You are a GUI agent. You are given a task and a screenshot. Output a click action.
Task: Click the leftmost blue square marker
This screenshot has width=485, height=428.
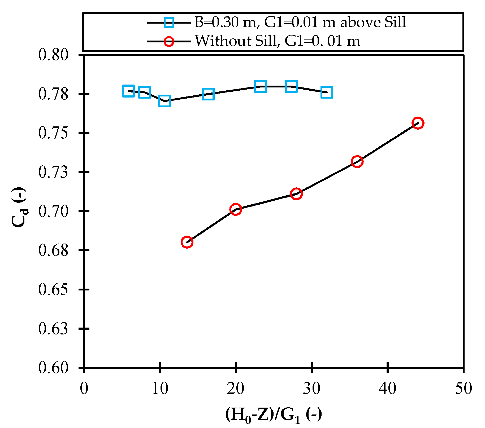pyautogui.click(x=128, y=91)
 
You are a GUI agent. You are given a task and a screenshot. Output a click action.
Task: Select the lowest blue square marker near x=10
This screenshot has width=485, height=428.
pyautogui.click(x=164, y=101)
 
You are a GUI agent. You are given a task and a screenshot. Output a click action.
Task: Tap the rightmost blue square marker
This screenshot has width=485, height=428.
pyautogui.click(x=327, y=92)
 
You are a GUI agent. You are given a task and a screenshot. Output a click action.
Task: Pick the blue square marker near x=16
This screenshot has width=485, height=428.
pyautogui.click(x=208, y=94)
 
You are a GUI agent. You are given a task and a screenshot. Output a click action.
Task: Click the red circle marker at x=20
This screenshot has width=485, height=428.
pyautogui.click(x=236, y=209)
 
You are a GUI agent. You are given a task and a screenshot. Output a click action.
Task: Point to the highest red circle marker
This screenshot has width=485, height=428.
pyautogui.click(x=418, y=123)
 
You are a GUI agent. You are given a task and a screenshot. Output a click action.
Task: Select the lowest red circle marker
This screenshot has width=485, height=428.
pyautogui.click(x=187, y=242)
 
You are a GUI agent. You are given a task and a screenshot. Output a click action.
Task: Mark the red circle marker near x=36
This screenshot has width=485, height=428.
pyautogui.click(x=357, y=162)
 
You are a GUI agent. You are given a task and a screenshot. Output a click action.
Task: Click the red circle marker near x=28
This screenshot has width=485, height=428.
pyautogui.click(x=296, y=194)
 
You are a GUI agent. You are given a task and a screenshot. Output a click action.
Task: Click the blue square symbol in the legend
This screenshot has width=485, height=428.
pyautogui.click(x=169, y=23)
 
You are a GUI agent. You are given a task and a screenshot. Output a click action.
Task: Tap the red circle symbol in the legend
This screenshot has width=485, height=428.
pyautogui.click(x=169, y=41)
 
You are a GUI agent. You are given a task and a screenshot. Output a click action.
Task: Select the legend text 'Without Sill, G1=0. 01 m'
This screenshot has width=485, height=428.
pyautogui.click(x=277, y=41)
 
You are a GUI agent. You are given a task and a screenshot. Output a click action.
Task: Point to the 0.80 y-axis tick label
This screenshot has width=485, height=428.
pyautogui.click(x=53, y=55)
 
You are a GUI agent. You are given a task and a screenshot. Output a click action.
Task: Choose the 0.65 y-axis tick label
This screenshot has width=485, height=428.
pyautogui.click(x=53, y=289)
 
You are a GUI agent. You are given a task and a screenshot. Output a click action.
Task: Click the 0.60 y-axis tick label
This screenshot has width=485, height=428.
pyautogui.click(x=53, y=368)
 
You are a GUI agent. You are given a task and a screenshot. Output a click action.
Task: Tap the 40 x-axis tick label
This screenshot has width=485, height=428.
pyautogui.click(x=388, y=389)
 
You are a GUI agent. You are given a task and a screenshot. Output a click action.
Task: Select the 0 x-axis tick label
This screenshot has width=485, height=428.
pyautogui.click(x=84, y=389)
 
